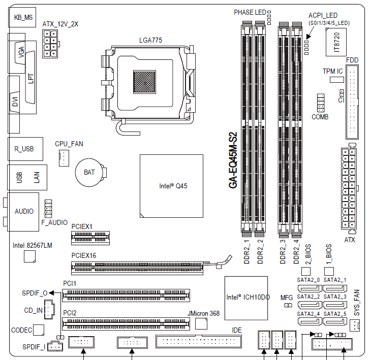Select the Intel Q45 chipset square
tap(171, 186)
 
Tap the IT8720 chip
tap(336, 42)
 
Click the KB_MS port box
tap(22, 17)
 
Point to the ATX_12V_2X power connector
tap(50, 44)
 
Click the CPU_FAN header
tap(64, 158)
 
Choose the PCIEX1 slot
tap(90, 238)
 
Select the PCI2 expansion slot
tap(126, 324)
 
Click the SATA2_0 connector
tap(310, 288)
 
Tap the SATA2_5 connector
tap(335, 321)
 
